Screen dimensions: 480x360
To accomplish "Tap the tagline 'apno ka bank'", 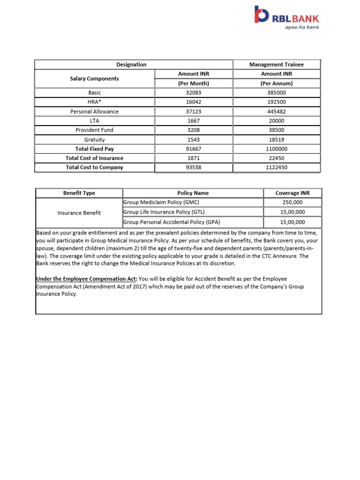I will (302, 27).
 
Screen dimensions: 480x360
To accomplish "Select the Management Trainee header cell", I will (277, 65).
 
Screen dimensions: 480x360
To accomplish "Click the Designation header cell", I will (131, 65).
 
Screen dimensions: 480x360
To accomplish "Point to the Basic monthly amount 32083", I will (194, 93).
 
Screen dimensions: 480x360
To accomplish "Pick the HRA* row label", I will (95, 102).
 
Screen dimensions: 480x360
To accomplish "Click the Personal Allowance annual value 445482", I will (277, 112).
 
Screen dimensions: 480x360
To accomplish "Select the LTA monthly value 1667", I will (194, 121).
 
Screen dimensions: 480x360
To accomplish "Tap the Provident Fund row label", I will (95, 130).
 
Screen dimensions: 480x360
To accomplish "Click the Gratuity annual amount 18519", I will (277, 140).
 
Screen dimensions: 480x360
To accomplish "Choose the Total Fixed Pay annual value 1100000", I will (277, 149).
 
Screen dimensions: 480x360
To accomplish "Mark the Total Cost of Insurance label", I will (95, 158).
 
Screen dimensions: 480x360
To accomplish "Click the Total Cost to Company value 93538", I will (194, 167).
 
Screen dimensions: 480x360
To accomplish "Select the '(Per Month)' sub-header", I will (194, 83).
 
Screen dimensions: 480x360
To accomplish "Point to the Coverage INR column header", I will (292, 193).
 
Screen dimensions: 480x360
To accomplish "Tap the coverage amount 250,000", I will (292, 202).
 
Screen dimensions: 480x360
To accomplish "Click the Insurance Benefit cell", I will (79, 213).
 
